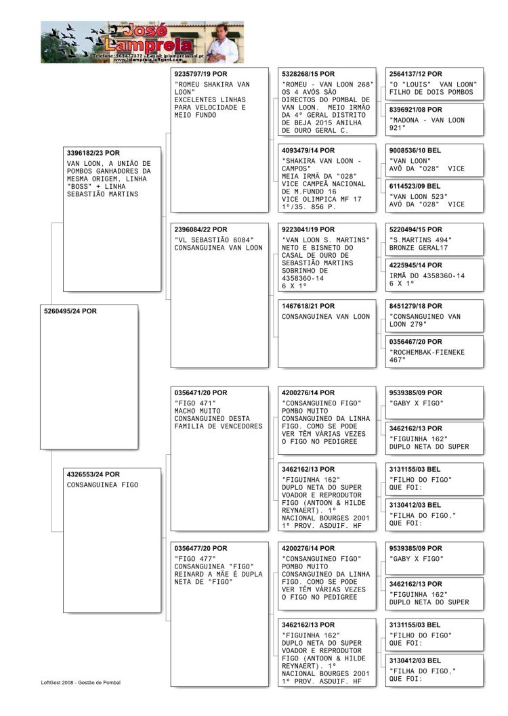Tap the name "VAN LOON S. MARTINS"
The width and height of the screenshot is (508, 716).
coord(326,240)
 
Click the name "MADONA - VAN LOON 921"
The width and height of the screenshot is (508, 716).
coord(427,124)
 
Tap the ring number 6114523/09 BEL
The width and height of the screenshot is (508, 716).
coord(415,185)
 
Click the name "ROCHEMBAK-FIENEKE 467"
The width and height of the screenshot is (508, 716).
coord(425,356)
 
